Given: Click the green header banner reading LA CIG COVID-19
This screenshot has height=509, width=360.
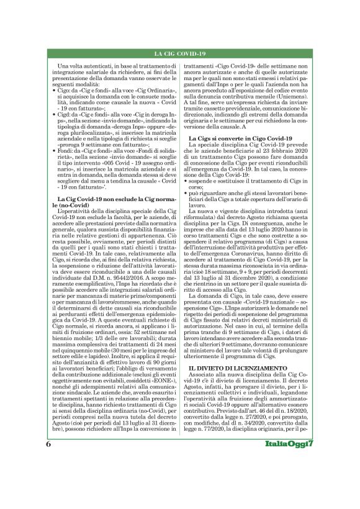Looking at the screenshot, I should [x=179, y=54].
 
